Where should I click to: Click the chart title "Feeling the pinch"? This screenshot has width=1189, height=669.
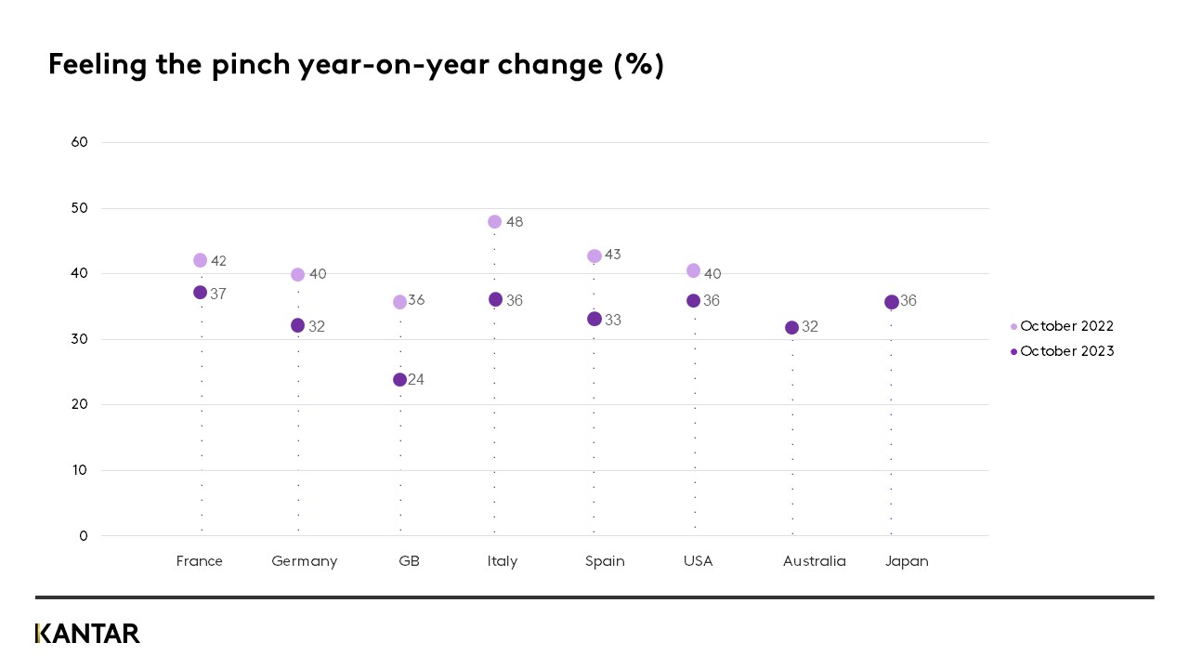pyautogui.click(x=356, y=65)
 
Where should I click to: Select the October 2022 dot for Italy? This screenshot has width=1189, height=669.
pyautogui.click(x=494, y=222)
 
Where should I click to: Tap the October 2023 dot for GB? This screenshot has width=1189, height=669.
pyautogui.click(x=399, y=380)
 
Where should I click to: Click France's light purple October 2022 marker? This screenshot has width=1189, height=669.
pyautogui.click(x=200, y=260)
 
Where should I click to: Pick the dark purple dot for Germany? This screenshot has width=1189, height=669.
pyautogui.click(x=297, y=325)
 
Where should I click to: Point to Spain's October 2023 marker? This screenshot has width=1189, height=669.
pyautogui.click(x=594, y=319)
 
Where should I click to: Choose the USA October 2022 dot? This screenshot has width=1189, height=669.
pyautogui.click(x=693, y=270)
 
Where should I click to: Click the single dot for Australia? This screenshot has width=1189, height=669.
pyautogui.click(x=791, y=327)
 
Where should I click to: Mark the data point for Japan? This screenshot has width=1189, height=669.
pyautogui.click(x=892, y=302)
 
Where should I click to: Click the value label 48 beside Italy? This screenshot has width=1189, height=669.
pyautogui.click(x=515, y=222)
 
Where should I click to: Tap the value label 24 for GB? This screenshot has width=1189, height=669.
pyautogui.click(x=416, y=380)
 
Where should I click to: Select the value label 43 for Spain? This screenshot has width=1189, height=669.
pyautogui.click(x=612, y=255)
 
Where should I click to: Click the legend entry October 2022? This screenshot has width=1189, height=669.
pyautogui.click(x=1066, y=326)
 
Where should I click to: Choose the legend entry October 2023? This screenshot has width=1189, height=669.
pyautogui.click(x=1066, y=351)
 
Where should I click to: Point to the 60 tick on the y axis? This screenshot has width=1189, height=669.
pyautogui.click(x=80, y=142)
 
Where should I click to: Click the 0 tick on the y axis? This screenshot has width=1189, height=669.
pyautogui.click(x=84, y=536)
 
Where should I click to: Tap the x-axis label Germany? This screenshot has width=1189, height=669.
pyautogui.click(x=304, y=561)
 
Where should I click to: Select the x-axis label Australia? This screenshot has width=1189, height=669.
pyautogui.click(x=814, y=561)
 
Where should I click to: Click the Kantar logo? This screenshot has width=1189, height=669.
pyautogui.click(x=87, y=634)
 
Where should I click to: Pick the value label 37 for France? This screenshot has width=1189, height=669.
pyautogui.click(x=218, y=294)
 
